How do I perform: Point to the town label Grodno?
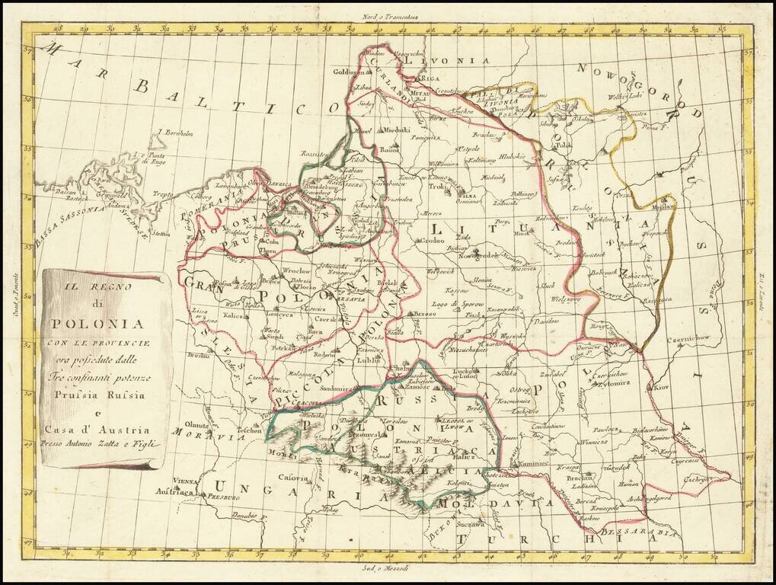tap(432, 241)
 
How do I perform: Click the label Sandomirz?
tap(337, 388)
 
